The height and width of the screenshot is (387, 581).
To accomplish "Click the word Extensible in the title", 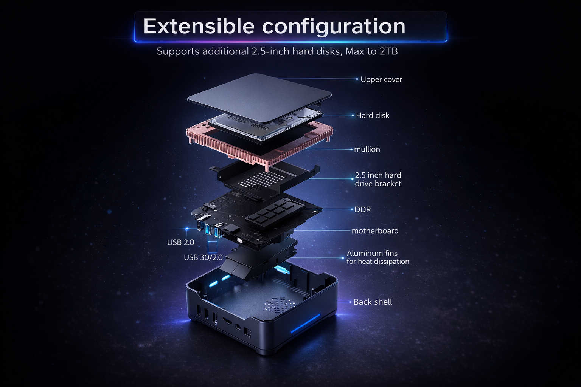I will pos(199,26).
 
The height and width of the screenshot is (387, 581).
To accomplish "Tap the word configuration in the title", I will pos(334,26).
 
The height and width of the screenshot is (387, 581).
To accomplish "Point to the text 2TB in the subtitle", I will pos(388,51).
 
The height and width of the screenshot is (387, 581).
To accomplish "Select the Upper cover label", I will pos(381,79).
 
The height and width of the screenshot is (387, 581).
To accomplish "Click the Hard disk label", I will pos(372,115).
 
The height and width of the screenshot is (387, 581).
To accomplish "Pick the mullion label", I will pos(367,149).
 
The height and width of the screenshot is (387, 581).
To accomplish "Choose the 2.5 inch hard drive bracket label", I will pos(378,179).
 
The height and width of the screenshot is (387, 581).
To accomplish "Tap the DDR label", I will pos(362,209).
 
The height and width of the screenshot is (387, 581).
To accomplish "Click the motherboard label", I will pos(375,231).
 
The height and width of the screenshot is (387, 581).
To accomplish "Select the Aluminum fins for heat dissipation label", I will pos(377,257).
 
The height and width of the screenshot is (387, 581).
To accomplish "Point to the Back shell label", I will pos(372,302).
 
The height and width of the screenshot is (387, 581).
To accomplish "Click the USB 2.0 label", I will pos(180,242).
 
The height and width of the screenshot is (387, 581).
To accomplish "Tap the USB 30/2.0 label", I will pos(203,257).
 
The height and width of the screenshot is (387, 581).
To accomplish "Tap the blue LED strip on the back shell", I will pos(305,324).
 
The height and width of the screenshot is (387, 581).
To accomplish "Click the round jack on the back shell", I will pos(238,327).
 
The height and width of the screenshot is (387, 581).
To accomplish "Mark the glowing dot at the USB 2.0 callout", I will pos(187,229).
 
